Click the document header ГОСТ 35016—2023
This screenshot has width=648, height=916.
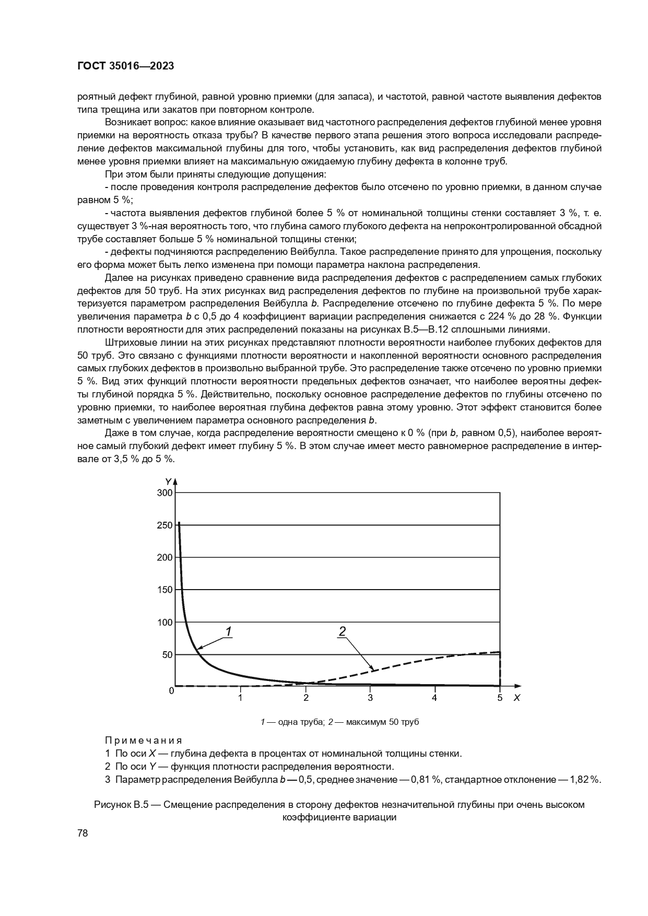[x=125, y=66]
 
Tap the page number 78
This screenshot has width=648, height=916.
[x=83, y=833]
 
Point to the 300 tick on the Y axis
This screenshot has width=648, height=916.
[x=164, y=492]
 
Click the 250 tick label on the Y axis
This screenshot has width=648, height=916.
[x=164, y=525]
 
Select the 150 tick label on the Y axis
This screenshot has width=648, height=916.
[x=164, y=590]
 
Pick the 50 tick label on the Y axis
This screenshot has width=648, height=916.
[x=167, y=654]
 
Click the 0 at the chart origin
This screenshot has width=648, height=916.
[x=171, y=690]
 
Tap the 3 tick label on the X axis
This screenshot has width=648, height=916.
[x=370, y=697]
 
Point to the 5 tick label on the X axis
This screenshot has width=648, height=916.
[x=500, y=697]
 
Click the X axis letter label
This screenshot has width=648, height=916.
[x=516, y=698]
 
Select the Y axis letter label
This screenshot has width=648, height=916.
[x=168, y=480]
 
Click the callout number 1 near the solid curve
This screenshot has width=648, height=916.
[x=228, y=632]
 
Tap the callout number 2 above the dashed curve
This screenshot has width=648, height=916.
[x=342, y=631]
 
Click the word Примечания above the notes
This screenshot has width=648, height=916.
[x=143, y=740]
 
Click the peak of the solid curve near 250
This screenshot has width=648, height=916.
[x=179, y=523]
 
